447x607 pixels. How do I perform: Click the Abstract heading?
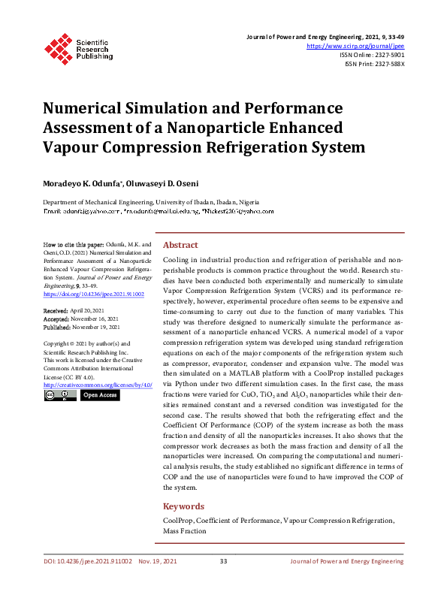(x=180, y=245)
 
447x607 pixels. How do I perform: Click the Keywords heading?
(x=183, y=506)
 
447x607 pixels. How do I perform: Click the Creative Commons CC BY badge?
(x=59, y=394)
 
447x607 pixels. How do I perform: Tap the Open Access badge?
(x=99, y=394)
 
